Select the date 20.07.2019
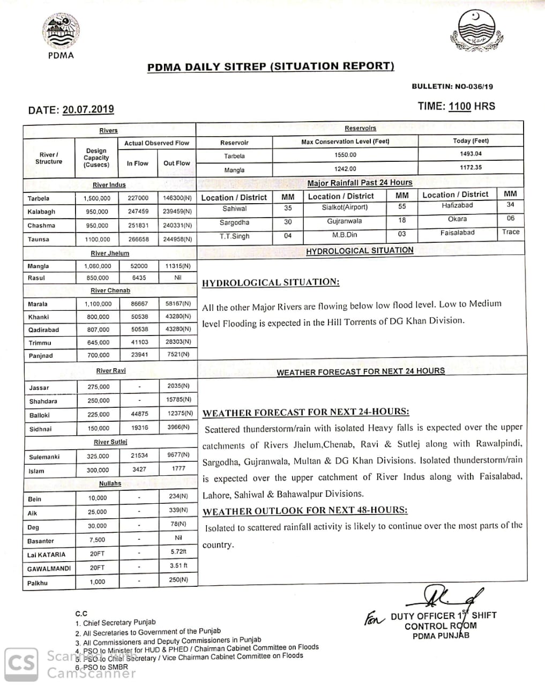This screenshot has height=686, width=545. [x=88, y=109]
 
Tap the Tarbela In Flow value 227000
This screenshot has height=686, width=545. [x=138, y=198]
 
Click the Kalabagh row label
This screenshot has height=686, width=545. [x=41, y=212]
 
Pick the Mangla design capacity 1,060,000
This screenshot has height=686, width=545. [x=98, y=266]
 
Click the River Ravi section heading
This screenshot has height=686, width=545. [x=111, y=371]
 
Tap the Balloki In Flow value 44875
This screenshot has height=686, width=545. [x=139, y=414]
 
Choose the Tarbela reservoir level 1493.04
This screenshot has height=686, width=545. [x=471, y=154]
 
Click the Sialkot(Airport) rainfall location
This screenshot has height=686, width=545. [x=345, y=207]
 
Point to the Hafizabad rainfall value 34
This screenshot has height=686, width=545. [x=510, y=205]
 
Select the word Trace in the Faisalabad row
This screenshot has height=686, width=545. [x=510, y=232]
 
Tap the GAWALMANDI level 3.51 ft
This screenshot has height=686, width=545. [x=178, y=565]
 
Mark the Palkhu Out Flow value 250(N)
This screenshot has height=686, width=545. [x=178, y=580]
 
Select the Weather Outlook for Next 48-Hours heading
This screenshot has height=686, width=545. [x=304, y=511]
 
